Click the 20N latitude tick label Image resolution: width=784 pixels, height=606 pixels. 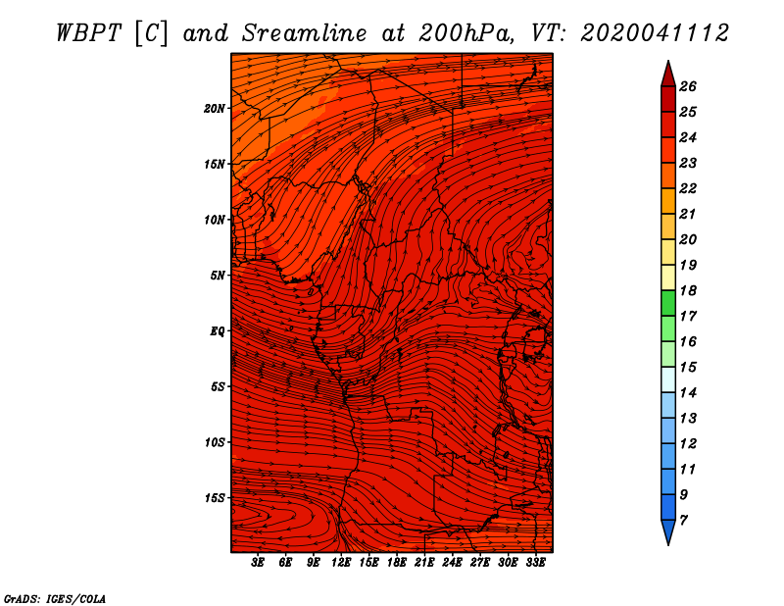pos(214,109)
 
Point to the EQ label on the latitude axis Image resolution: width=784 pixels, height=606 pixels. pos(218,331)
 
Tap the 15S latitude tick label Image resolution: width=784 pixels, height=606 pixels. pos(215,498)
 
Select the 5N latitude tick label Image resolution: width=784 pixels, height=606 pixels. pos(218,276)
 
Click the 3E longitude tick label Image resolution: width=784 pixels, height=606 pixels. pos(258,563)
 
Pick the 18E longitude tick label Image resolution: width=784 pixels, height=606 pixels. pos(397,563)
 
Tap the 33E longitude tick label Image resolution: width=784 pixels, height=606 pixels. pos(535,563)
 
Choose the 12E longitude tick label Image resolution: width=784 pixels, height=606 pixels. pos(341,563)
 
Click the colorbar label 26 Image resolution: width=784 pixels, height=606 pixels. pos(688,86)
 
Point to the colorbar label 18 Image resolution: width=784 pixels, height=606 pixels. pos(688,290)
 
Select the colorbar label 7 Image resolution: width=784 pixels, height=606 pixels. pos(683,521)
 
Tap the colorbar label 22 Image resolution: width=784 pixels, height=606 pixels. pos(688,188)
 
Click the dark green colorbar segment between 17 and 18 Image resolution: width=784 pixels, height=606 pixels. pos(668,303)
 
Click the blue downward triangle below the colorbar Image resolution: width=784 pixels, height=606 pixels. pos(668,530)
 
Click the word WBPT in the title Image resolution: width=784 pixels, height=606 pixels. pos(88,33)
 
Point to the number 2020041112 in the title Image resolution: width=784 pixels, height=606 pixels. pos(654,33)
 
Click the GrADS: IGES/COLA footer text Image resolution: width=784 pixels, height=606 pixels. pos(55,598)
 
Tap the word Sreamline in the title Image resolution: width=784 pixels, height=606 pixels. pos(305,33)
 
